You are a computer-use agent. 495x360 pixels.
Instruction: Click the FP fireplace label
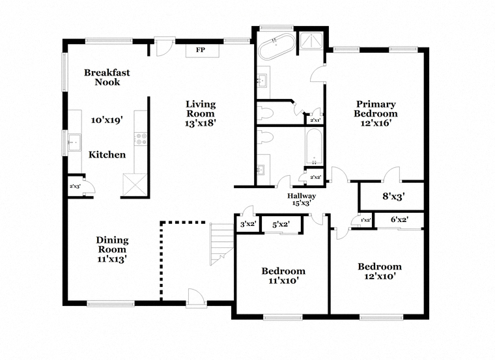(x=200, y=50)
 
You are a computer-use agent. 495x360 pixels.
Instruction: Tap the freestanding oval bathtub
(x=277, y=46)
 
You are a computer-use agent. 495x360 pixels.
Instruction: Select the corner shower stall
(x=311, y=41)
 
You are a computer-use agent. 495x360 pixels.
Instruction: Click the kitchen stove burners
(x=140, y=139)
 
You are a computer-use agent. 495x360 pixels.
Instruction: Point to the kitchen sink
(x=74, y=143)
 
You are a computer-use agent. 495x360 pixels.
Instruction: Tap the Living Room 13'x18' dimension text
(x=200, y=123)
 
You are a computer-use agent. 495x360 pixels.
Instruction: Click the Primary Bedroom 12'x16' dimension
(x=376, y=123)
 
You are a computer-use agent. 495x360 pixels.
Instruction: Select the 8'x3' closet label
(x=393, y=197)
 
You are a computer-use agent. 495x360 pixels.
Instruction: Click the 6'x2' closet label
(x=400, y=219)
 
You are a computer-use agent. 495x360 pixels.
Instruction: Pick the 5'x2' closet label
(x=281, y=225)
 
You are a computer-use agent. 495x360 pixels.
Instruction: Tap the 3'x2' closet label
(x=247, y=224)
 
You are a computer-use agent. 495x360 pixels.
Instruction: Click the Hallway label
(x=301, y=196)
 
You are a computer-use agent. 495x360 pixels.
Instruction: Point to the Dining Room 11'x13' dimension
(x=112, y=259)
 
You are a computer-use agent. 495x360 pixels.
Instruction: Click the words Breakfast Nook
(x=107, y=77)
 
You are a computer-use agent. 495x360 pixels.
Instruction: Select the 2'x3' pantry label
(x=75, y=186)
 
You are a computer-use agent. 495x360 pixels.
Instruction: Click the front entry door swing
(x=196, y=297)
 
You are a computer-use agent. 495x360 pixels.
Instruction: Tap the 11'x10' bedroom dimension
(x=283, y=280)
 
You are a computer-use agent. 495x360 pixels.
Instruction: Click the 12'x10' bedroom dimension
(x=380, y=277)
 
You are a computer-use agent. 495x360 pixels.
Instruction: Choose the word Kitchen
(x=107, y=154)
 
